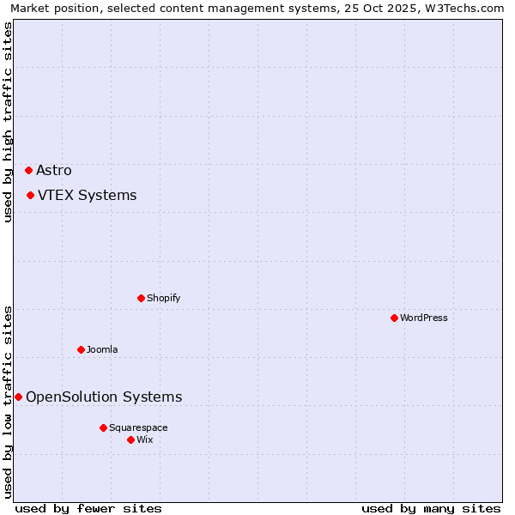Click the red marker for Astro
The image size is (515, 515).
coord(28,170)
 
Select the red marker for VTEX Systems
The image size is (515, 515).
coord(30,195)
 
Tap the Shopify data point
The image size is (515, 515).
coord(141,298)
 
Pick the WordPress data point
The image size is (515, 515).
coord(394,318)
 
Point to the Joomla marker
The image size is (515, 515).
coord(81,349)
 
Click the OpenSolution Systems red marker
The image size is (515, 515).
coord(18,397)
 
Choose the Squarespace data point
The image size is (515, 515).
coord(103,427)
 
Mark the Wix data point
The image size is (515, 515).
coord(130,439)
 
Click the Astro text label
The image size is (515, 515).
coord(54,170)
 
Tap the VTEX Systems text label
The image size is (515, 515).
coord(87,195)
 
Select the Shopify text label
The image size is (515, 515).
coord(163,298)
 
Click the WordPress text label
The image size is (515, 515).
coord(424,318)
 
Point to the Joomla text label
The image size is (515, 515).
coord(102,349)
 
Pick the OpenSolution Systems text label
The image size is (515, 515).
coord(104,397)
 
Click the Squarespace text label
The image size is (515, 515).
coord(138,427)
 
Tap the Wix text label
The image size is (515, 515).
coord(144,439)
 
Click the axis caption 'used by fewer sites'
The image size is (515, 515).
coord(88,508)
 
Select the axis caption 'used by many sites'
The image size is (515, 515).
coord(431,508)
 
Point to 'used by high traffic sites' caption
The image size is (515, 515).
coord(9,122)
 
